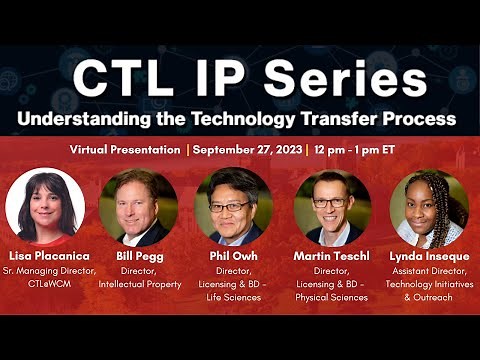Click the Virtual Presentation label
[x=125, y=151]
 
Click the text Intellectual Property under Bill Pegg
[x=140, y=285]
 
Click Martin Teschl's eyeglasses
[x=331, y=201]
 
